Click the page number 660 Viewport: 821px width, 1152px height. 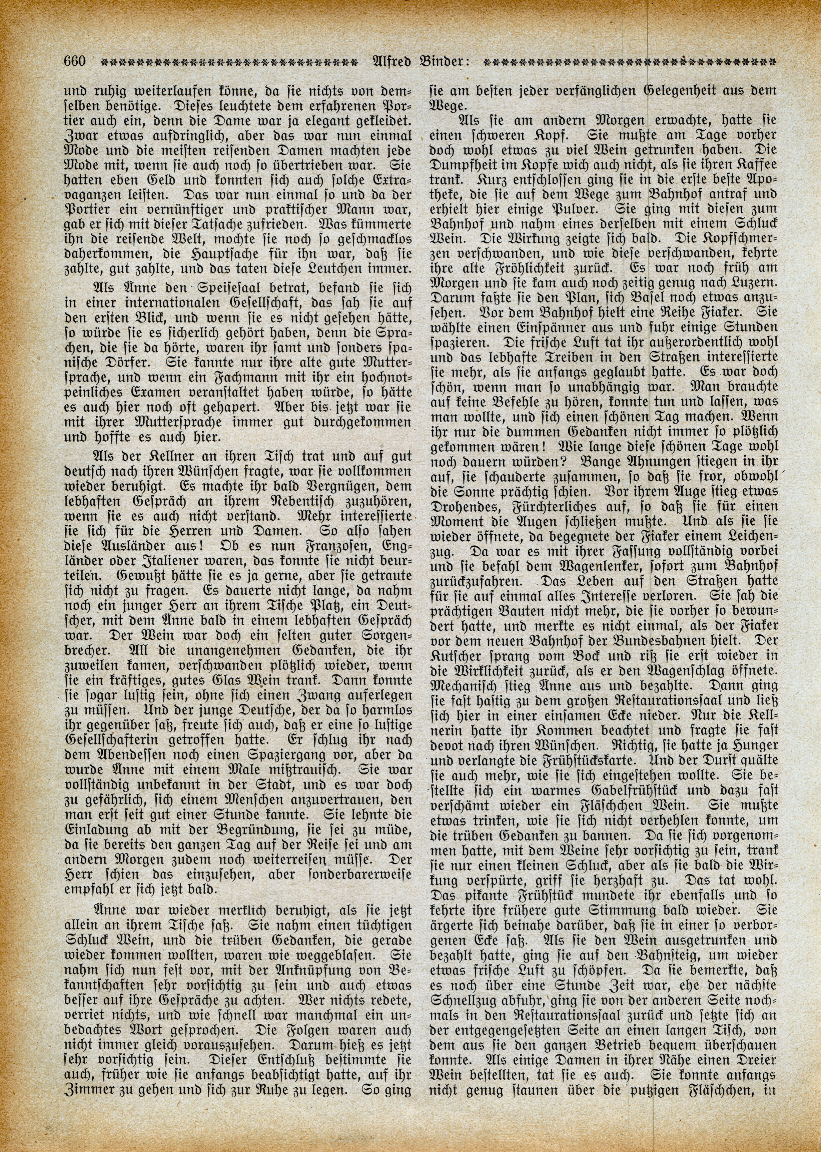tap(75, 62)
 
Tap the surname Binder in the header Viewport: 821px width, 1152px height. tap(445, 62)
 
